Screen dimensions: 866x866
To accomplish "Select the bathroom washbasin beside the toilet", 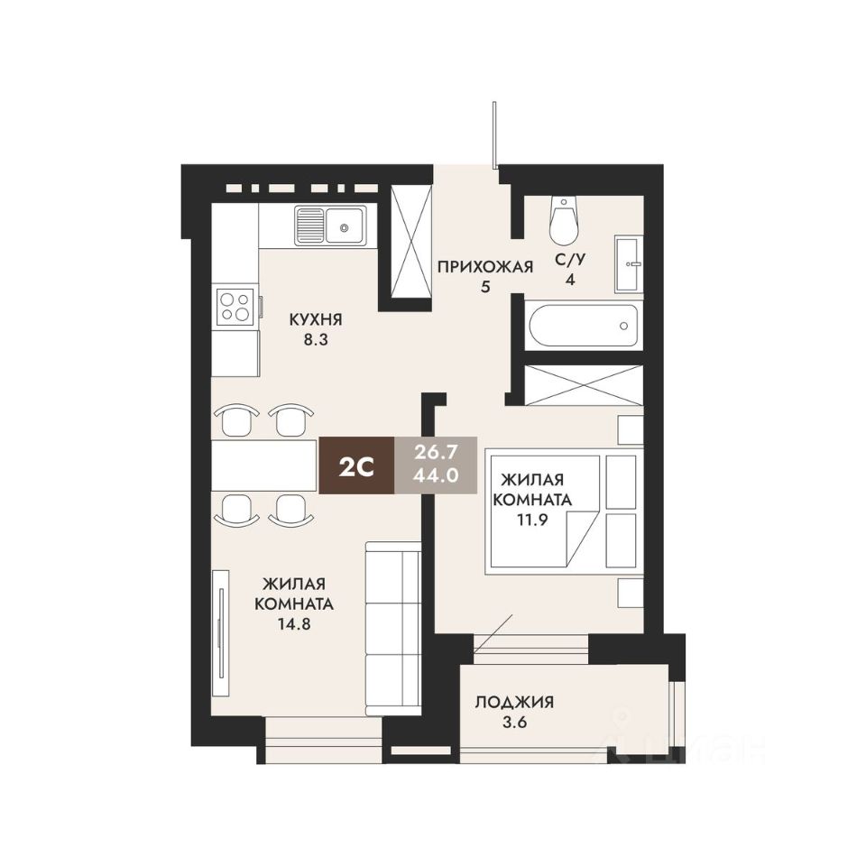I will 629,263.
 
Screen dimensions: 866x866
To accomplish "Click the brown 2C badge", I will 356,465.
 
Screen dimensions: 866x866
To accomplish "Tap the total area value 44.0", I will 438,478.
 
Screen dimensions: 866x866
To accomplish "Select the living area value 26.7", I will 438,451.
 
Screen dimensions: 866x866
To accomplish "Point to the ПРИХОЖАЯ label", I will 485,266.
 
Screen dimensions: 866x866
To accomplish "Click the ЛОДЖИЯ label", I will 514,703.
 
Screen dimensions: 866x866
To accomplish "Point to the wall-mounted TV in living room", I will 220,631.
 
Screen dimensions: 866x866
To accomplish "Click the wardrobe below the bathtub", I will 584,384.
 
